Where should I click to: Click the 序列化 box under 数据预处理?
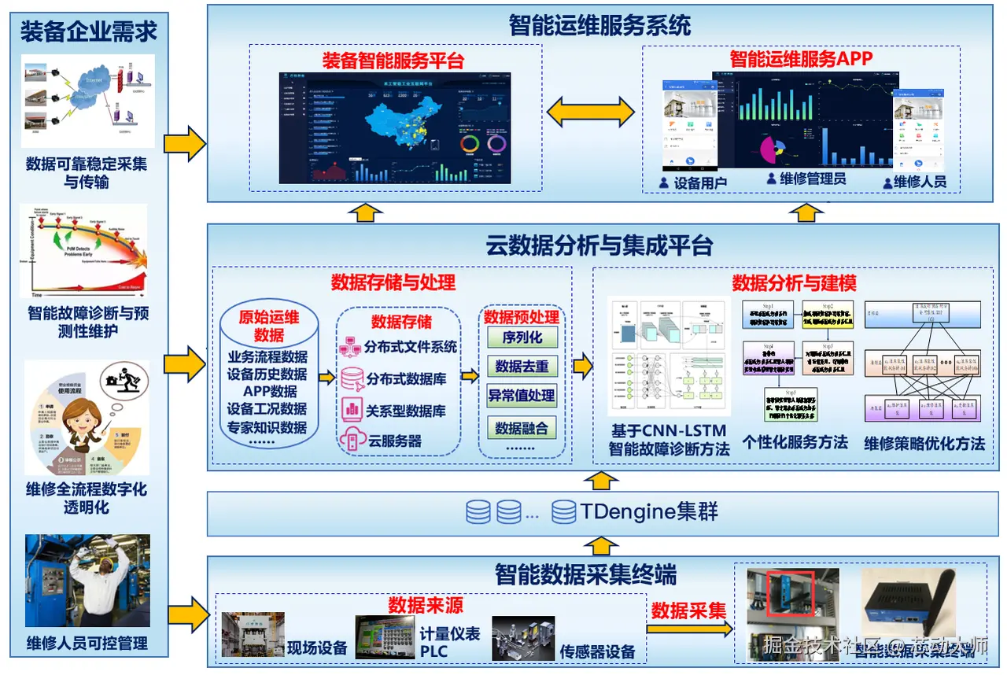pyautogui.click(x=522, y=337)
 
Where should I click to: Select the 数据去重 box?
pyautogui.click(x=522, y=367)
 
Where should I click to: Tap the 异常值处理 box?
pyautogui.click(x=522, y=396)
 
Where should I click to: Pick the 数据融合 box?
pyautogui.click(x=522, y=428)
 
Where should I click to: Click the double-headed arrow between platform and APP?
pyautogui.click(x=591, y=112)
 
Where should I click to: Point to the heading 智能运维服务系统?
pyautogui.click(x=599, y=25)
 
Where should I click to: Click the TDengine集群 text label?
pyautogui.click(x=649, y=512)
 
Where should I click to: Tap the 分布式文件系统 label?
pyautogui.click(x=410, y=347)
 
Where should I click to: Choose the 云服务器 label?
pyautogui.click(x=395, y=441)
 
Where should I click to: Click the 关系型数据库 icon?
pyautogui.click(x=351, y=409)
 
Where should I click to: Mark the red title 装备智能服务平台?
pyautogui.click(x=393, y=60)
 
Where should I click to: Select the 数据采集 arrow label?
pyautogui.click(x=688, y=610)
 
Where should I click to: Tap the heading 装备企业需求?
pyautogui.click(x=89, y=31)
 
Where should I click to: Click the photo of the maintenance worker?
pyautogui.click(x=87, y=581)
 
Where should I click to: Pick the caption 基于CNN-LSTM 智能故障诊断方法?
pyautogui.click(x=669, y=441)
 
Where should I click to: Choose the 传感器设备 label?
pyautogui.click(x=597, y=651)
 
